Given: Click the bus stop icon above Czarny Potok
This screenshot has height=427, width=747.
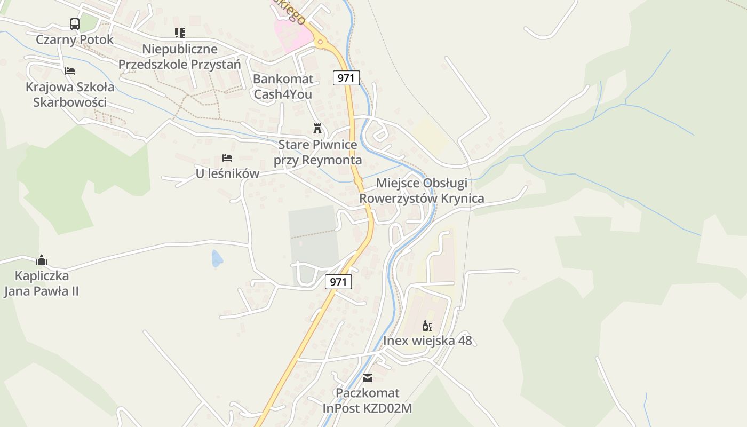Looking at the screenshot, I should (x=75, y=23).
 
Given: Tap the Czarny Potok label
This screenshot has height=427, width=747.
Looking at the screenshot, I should (x=75, y=39).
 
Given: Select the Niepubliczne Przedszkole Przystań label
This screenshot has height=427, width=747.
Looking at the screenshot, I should (x=180, y=57).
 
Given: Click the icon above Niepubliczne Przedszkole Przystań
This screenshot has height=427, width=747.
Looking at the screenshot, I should (x=180, y=33).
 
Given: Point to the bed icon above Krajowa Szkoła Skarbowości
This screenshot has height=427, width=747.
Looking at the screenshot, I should (x=70, y=70).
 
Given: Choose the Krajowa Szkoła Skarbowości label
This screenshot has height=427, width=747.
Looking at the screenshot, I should (x=70, y=94).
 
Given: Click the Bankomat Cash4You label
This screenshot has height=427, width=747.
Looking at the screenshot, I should (x=283, y=87).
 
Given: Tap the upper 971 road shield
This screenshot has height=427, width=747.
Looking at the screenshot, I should (x=346, y=78).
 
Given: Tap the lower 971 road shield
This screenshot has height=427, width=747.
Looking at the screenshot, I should (x=339, y=282).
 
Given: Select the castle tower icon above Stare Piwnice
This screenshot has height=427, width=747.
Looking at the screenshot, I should (x=317, y=128).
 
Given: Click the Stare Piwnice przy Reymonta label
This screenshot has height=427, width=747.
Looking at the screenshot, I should (x=317, y=152).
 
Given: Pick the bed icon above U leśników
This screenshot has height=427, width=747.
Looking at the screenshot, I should (x=227, y=158).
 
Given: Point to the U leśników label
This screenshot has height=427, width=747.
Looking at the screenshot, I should (x=227, y=173).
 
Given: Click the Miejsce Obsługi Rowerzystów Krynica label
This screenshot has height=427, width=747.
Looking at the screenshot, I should (x=422, y=191).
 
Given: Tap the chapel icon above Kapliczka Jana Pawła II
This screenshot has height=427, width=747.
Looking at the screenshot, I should (x=42, y=260).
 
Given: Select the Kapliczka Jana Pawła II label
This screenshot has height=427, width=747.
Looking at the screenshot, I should (x=42, y=283).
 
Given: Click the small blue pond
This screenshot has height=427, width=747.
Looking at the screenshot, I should (x=217, y=258).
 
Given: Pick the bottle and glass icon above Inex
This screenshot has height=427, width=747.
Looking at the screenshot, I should (x=427, y=326).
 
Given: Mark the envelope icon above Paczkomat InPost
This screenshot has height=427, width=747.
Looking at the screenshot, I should (x=368, y=378).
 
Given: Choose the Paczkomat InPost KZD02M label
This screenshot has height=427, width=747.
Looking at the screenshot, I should (x=368, y=401).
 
